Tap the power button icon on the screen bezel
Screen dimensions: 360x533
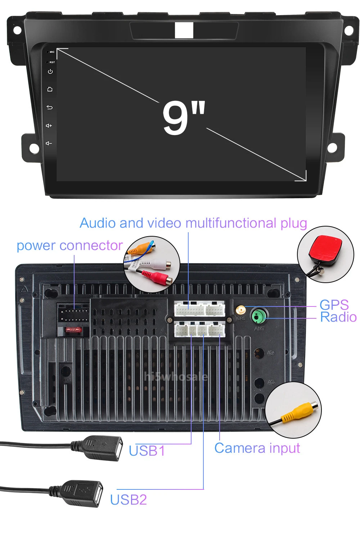click(x=50, y=72)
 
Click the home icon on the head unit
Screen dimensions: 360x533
click(x=50, y=89)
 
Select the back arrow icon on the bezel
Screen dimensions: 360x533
click(x=50, y=107)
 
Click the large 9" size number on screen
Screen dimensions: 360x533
click(x=183, y=117)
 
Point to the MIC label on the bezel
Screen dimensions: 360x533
click(x=52, y=52)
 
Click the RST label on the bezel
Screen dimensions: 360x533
click(x=52, y=62)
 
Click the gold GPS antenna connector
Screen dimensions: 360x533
click(x=240, y=310)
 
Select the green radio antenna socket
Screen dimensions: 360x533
click(x=258, y=317)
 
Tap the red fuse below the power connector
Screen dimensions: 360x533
click(x=73, y=330)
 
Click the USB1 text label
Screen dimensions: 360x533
click(x=147, y=451)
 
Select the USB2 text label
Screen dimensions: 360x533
click(x=129, y=500)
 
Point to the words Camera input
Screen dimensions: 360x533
click(x=257, y=448)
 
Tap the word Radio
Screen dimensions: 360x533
click(x=338, y=317)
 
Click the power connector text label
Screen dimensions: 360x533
click(x=70, y=246)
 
